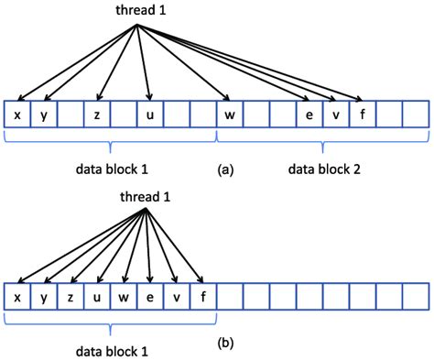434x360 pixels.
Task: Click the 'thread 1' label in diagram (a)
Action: (x=136, y=11)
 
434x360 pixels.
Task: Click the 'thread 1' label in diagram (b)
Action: (x=146, y=198)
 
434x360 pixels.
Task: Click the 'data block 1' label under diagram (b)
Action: (x=110, y=349)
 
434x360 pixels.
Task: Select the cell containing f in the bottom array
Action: (x=202, y=296)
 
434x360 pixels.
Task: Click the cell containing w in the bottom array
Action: (x=123, y=296)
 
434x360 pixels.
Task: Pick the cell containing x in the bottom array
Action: (x=17, y=296)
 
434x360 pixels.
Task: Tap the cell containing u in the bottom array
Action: (x=96, y=296)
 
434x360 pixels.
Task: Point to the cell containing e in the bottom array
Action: (x=149, y=296)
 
